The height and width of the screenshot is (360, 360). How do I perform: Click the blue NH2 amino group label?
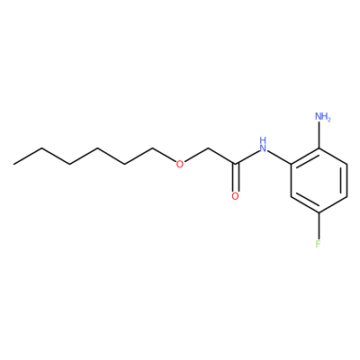pos(323,116)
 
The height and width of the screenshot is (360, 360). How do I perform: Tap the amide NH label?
pos(263,145)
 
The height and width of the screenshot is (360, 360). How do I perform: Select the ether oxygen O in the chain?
pos(179,164)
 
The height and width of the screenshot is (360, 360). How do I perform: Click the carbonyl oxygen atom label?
pos(236,196)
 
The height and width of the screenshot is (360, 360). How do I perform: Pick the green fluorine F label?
pos(319,243)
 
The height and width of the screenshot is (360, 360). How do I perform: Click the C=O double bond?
pos(236,177)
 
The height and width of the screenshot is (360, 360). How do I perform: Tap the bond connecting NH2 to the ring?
pos(319,135)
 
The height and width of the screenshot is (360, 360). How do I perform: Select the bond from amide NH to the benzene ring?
pos(279,157)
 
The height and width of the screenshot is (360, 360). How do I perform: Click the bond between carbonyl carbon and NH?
pos(247,157)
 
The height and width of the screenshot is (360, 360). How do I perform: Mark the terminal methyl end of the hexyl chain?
pos(13,164)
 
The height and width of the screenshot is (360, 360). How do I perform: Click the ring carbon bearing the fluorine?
pos(319,212)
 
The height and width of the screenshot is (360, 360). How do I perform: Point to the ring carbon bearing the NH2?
pos(319,148)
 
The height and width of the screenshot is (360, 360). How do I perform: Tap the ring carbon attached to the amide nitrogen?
pos(291,164)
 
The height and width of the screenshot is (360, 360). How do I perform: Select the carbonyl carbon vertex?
pos(236,164)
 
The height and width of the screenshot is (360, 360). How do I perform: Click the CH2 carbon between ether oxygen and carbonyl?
pos(208,148)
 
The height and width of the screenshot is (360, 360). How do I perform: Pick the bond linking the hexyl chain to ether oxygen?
pos(164,155)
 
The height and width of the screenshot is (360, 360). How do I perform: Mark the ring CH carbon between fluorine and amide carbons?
pos(291,196)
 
